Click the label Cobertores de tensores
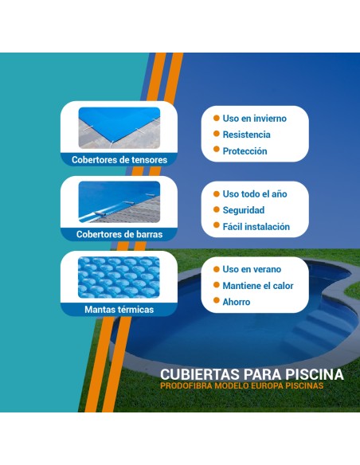click(x=119, y=159)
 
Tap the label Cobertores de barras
click(x=119, y=234)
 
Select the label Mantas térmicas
click(x=119, y=309)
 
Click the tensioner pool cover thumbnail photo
click(x=119, y=127)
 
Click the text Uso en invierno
click(x=254, y=119)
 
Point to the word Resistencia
click(x=246, y=135)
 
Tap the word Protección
click(x=245, y=151)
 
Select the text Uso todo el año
click(x=254, y=194)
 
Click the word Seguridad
click(x=244, y=210)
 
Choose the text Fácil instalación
click(x=256, y=227)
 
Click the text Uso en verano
click(x=252, y=269)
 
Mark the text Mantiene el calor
click(x=257, y=285)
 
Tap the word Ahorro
click(x=236, y=302)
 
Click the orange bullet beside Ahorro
click(x=215, y=302)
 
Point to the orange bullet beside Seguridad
click(x=215, y=210)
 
